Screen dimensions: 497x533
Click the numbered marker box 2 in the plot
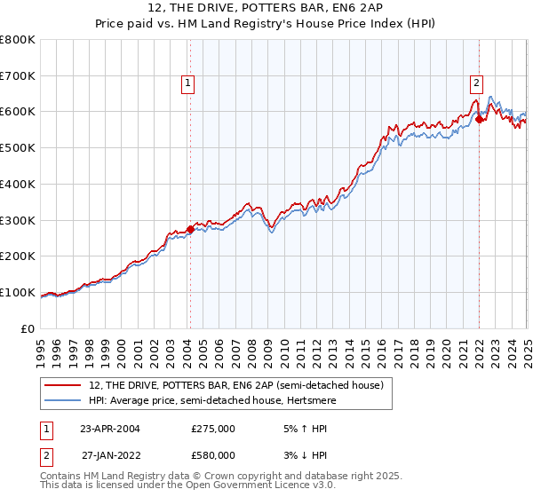pos(476,84)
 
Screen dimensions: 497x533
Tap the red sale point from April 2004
pos(190,229)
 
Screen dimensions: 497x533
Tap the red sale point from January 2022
pos(479,119)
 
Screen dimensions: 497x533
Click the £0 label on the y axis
pos(27,328)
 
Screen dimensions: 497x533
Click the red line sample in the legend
pos(63,384)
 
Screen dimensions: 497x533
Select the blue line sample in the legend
pos(63,400)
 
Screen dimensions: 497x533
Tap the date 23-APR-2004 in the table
pos(109,429)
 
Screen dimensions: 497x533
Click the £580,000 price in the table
pos(213,455)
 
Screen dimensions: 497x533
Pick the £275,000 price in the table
pos(213,429)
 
